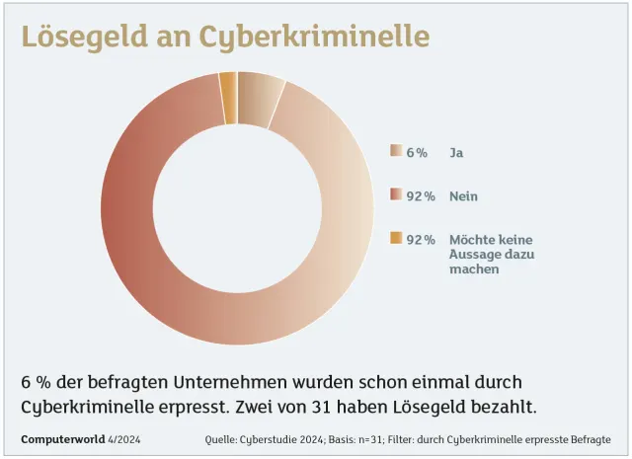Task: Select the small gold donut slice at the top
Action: coord(228,85)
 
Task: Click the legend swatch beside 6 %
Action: coord(396,152)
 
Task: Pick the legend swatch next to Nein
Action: coord(396,195)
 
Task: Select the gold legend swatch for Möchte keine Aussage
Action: coord(396,239)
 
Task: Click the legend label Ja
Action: coord(457,152)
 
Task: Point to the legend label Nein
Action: coord(464,195)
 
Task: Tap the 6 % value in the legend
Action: coord(417,152)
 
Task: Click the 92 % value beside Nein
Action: coord(421,195)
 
